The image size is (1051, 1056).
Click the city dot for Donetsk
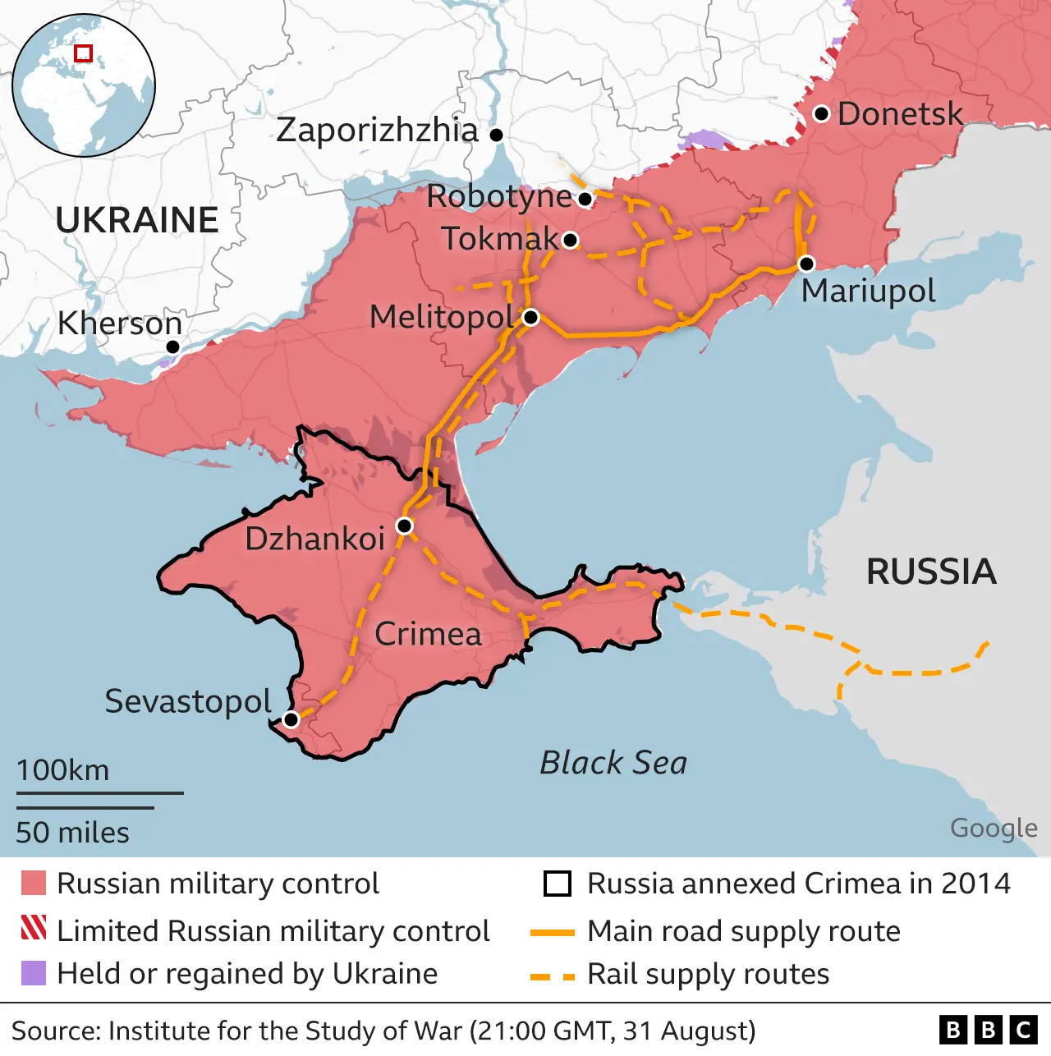[x=821, y=114]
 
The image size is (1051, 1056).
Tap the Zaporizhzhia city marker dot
[x=496, y=135]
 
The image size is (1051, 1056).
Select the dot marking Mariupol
[x=806, y=264]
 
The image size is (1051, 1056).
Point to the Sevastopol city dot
[x=291, y=720]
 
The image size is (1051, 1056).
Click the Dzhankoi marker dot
[x=404, y=526]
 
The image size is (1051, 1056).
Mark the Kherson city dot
[x=172, y=347]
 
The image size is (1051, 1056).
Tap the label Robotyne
[x=498, y=197]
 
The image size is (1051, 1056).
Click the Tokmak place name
[x=500, y=239]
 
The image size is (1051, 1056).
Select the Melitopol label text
[x=442, y=317]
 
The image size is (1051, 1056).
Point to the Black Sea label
[x=613, y=763]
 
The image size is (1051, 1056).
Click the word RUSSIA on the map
[x=931, y=572]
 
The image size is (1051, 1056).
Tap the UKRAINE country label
[x=137, y=220]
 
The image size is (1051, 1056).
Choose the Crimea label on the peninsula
[x=428, y=634]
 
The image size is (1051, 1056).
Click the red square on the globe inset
[x=83, y=53]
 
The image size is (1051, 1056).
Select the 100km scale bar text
[x=62, y=770]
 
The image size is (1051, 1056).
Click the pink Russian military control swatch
[x=34, y=884]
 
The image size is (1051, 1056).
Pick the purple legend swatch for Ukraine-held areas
[x=34, y=973]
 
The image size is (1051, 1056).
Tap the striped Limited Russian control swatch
[x=34, y=928]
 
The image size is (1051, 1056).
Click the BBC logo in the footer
[x=988, y=1030]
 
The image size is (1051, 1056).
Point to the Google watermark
[x=994, y=828]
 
